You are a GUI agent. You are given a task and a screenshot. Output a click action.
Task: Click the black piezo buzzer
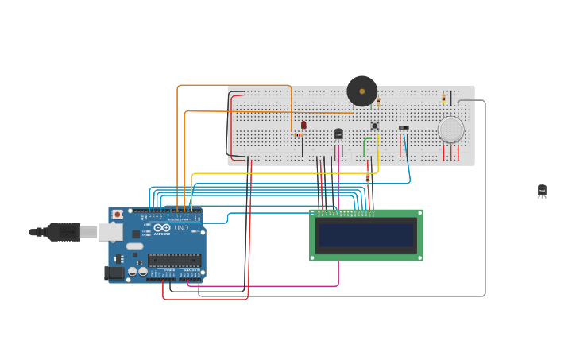pyautogui.click(x=361, y=91)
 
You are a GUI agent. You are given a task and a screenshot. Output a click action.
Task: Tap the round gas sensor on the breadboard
pyautogui.click(x=450, y=130)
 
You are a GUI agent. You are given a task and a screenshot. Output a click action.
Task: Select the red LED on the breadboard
pyautogui.click(x=303, y=125)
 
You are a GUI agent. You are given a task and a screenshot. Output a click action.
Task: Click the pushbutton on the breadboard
pyautogui.click(x=374, y=126)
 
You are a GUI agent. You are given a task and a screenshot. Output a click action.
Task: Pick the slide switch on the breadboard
pyautogui.click(x=404, y=127)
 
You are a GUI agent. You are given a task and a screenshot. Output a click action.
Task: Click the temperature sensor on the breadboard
pyautogui.click(x=338, y=134)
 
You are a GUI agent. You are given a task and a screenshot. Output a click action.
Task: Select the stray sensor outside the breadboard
pyautogui.click(x=542, y=191)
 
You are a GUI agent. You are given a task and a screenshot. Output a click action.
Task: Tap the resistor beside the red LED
pyautogui.click(x=298, y=134)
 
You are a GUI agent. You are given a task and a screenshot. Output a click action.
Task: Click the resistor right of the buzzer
pyautogui.click(x=378, y=102)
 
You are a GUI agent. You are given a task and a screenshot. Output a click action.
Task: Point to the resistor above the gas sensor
pyautogui.click(x=443, y=99)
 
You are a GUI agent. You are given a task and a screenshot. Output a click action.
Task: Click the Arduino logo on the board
pyautogui.click(x=162, y=228)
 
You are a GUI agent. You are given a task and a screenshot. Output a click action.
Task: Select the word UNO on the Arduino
pyautogui.click(x=181, y=228)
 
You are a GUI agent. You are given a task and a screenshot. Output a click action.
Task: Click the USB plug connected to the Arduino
pyautogui.click(x=64, y=232)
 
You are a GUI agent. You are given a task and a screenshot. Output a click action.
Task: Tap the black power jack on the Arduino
pyautogui.click(x=115, y=273)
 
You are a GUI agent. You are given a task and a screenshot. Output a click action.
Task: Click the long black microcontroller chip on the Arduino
pyautogui.click(x=174, y=260)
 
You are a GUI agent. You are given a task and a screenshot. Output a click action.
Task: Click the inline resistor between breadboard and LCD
pyautogui.click(x=368, y=179)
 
